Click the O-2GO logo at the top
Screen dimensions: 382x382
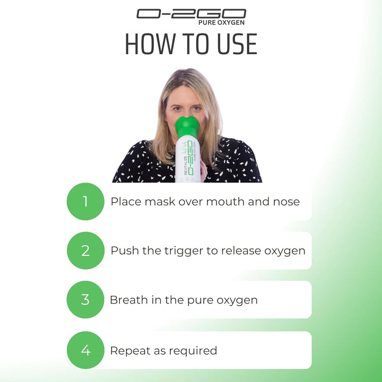(191, 14)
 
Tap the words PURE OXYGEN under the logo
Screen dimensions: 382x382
(221, 23)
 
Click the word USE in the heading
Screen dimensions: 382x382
(229, 45)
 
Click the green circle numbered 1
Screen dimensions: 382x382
(85, 202)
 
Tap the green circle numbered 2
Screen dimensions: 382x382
(85, 250)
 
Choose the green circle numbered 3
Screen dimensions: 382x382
(85, 299)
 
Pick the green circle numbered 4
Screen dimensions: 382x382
(85, 350)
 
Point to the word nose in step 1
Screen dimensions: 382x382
(285, 202)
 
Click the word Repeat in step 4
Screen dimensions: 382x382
(128, 351)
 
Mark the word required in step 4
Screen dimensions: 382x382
(194, 351)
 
